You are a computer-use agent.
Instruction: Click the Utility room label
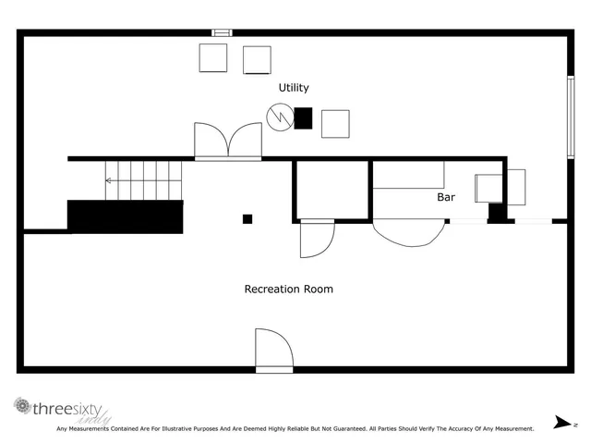pos(294,88)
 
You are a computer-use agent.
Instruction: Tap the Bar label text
pos(446,197)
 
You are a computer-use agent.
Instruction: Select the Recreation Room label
pos(288,289)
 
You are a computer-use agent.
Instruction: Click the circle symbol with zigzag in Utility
pos(278,117)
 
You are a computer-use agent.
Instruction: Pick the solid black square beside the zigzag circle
pos(303,117)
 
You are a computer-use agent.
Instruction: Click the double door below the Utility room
pos(228,141)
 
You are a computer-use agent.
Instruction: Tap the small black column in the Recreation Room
pos(247,219)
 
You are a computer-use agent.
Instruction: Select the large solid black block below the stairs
pos(125,216)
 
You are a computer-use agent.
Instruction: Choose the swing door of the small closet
pos(316,239)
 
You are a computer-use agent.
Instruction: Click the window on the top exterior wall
pos(222,32)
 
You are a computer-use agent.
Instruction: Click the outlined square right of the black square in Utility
pos(335,123)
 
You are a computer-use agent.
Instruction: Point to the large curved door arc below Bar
pos(407,231)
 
